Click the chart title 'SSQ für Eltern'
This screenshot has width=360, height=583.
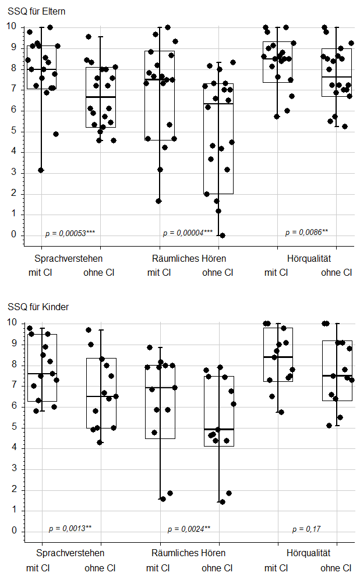(x=36, y=10)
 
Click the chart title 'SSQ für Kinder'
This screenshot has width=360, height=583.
(x=36, y=307)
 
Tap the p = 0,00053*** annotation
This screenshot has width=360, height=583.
(x=70, y=233)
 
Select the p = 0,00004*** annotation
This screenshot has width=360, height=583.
(x=188, y=233)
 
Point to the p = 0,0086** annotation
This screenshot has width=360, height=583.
(x=306, y=232)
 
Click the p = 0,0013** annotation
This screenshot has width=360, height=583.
(x=70, y=529)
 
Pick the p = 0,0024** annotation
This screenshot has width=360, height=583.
(x=189, y=529)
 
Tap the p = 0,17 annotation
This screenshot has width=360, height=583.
(x=306, y=529)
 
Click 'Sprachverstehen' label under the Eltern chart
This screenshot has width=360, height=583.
(x=69, y=258)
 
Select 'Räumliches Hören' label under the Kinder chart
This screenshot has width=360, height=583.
(x=188, y=553)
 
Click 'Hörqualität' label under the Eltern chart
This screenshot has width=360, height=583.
(x=309, y=258)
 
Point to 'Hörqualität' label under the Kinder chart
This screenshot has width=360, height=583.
(x=309, y=553)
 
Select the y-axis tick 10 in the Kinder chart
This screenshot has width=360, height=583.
(x=10, y=322)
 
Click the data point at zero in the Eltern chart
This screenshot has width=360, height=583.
(x=223, y=236)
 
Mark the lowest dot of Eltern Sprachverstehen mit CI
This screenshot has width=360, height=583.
(x=41, y=170)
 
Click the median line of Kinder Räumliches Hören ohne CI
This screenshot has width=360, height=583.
(x=219, y=429)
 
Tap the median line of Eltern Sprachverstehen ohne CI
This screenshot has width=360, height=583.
(x=101, y=97)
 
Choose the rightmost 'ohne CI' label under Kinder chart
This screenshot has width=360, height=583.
(x=336, y=568)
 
